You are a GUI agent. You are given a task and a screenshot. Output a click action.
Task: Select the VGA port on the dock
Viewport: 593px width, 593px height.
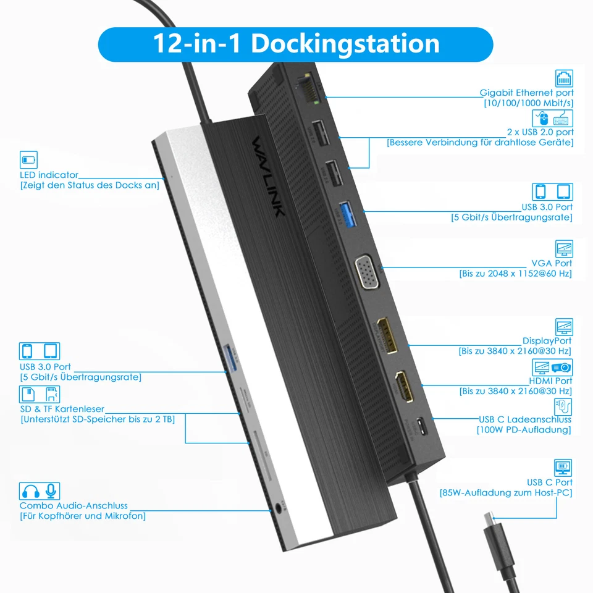tap(366, 272)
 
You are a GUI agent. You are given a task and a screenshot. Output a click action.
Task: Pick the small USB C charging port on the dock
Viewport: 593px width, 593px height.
tap(421, 426)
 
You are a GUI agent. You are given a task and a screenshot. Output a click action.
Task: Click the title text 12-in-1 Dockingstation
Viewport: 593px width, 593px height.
tap(295, 44)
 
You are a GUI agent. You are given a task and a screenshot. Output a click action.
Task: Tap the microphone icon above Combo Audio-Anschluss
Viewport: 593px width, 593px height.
tap(51, 491)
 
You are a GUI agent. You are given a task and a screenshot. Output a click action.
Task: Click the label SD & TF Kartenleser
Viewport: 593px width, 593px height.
tap(62, 409)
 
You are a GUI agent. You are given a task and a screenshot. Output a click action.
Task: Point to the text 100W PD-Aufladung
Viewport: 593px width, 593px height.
tap(524, 429)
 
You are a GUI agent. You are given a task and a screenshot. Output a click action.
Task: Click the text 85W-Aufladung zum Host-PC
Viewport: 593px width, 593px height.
tap(505, 493)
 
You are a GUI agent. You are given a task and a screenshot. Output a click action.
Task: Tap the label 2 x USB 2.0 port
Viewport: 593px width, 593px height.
tap(540, 132)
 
